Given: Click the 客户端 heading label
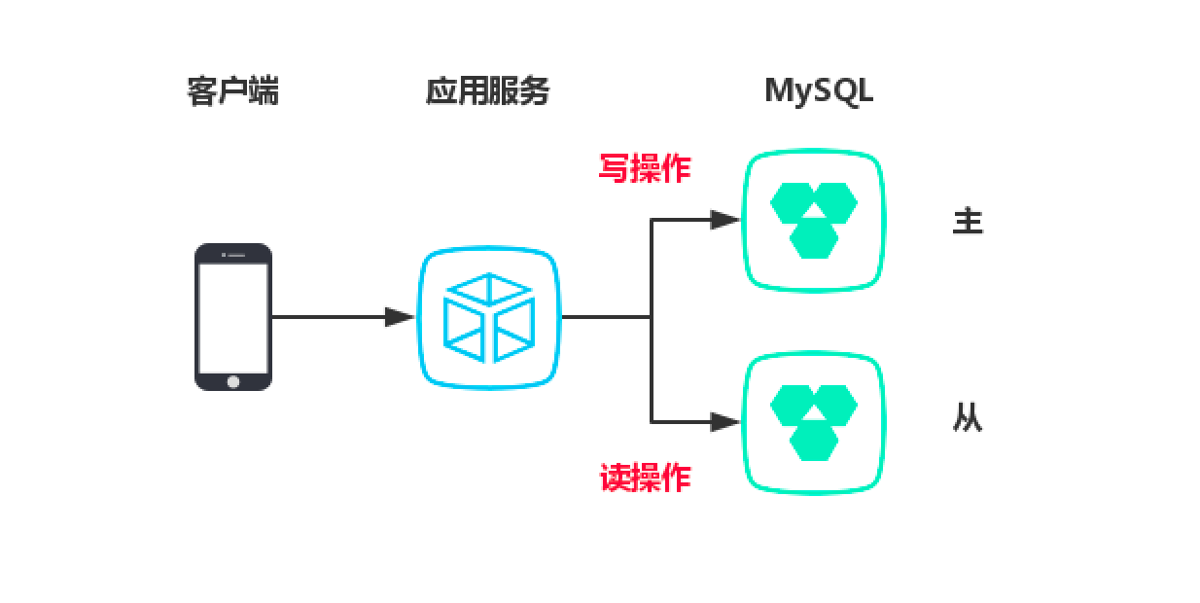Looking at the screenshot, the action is (x=232, y=91).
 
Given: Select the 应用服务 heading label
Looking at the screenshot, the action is (x=487, y=91).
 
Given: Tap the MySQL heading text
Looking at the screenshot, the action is (x=819, y=90).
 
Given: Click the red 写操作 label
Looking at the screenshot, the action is (x=644, y=168).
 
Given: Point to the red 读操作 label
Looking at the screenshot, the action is (x=644, y=478).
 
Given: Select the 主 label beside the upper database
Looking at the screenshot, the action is (x=968, y=222).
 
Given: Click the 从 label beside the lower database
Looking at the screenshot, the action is (x=968, y=419).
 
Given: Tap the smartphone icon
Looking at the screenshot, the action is (x=233, y=317).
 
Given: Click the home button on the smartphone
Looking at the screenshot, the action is (x=233, y=381).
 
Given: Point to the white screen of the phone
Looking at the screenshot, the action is (x=233, y=315).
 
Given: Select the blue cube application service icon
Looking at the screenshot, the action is (x=489, y=317).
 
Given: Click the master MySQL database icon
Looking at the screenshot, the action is (x=814, y=221).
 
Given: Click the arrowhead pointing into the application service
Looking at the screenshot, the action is (x=400, y=317).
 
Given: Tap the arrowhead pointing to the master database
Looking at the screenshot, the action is (x=724, y=220).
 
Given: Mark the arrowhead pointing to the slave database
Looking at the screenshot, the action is (x=724, y=422).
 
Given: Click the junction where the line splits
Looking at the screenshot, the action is (x=652, y=317).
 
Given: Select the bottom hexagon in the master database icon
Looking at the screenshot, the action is (x=814, y=238).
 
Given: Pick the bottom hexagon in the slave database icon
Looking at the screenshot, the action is (x=814, y=441).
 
